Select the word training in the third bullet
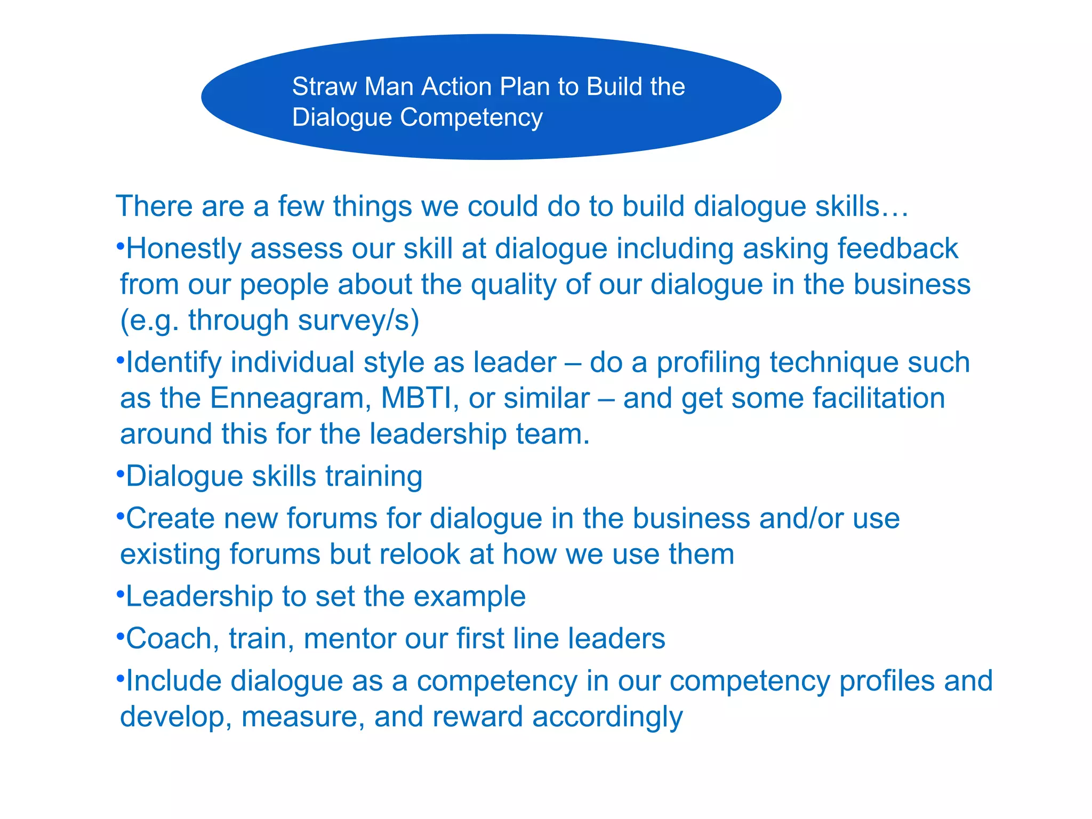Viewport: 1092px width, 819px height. (374, 476)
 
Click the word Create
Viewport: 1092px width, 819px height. (170, 518)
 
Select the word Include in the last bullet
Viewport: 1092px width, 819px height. (173, 681)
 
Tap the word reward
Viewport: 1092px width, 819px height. (477, 717)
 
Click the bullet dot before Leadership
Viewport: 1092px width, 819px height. (121, 592)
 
